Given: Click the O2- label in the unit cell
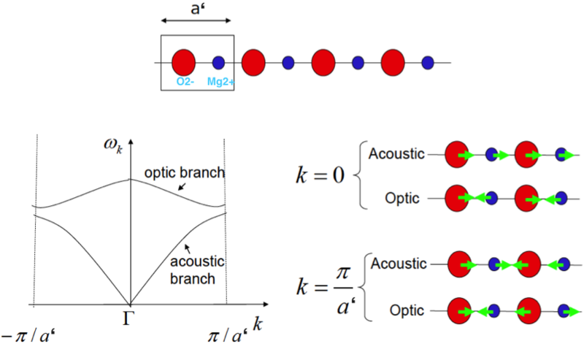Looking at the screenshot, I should (184, 82).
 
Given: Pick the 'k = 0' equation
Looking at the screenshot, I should (318, 176).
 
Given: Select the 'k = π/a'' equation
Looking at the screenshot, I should (326, 288).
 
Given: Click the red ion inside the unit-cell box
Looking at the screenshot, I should (183, 61).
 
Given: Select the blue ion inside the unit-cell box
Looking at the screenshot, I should (218, 63).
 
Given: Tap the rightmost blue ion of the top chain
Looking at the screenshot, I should (428, 63).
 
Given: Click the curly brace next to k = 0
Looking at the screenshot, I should (359, 176).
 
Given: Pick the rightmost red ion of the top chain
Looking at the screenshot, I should (393, 61).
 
